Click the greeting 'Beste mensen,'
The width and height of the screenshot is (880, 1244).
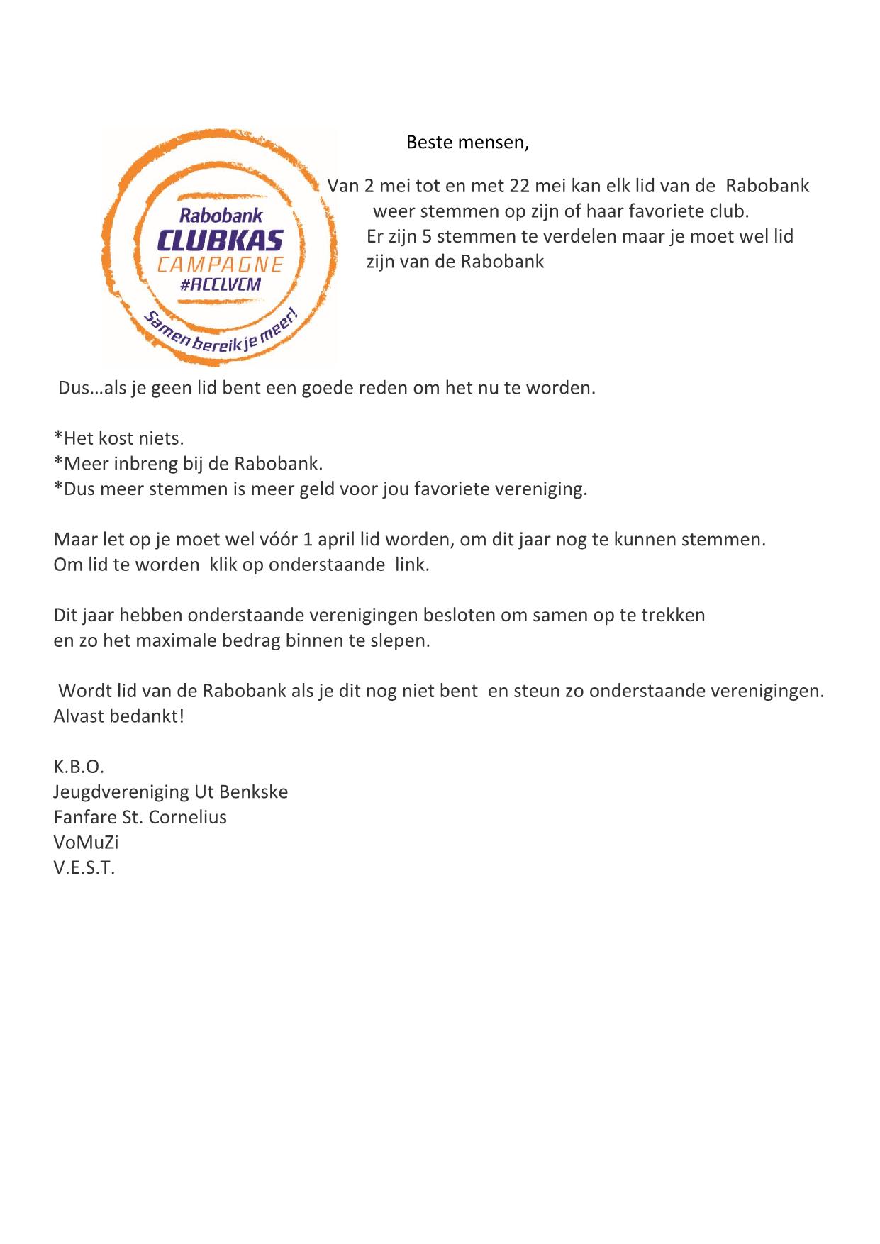467,143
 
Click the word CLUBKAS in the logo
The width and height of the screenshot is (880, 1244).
221,240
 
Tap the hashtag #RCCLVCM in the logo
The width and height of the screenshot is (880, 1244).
220,284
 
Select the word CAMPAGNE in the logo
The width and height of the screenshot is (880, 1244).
221,265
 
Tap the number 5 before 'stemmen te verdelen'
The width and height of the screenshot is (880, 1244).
427,235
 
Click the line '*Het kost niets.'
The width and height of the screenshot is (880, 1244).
118,438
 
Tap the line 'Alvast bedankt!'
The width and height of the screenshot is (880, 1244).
118,716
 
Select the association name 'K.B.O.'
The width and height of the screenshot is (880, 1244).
79,767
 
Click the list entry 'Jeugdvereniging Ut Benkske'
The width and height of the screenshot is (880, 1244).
170,792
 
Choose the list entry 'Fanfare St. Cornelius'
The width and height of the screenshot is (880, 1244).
140,817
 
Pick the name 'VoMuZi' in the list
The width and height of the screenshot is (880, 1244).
86,843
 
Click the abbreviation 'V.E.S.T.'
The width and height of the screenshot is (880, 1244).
84,867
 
